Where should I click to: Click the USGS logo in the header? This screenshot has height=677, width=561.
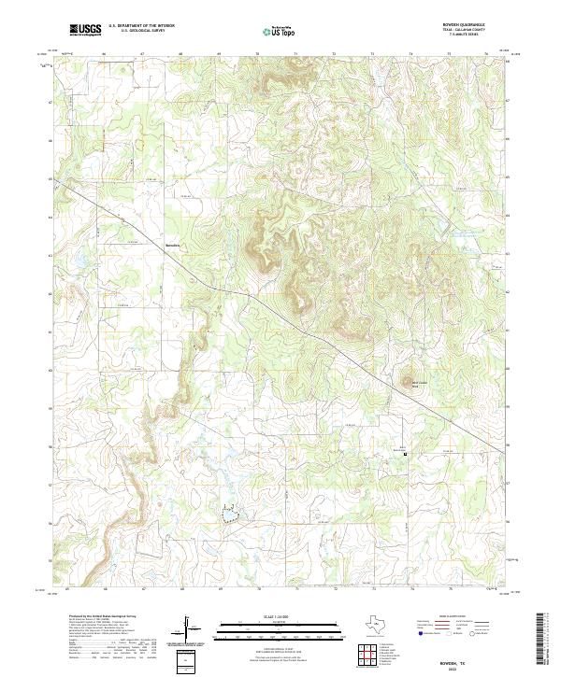click(x=86, y=31)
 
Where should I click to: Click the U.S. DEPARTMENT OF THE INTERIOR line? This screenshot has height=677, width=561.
click(x=141, y=26)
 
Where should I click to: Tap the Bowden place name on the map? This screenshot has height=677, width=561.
click(x=171, y=247)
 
